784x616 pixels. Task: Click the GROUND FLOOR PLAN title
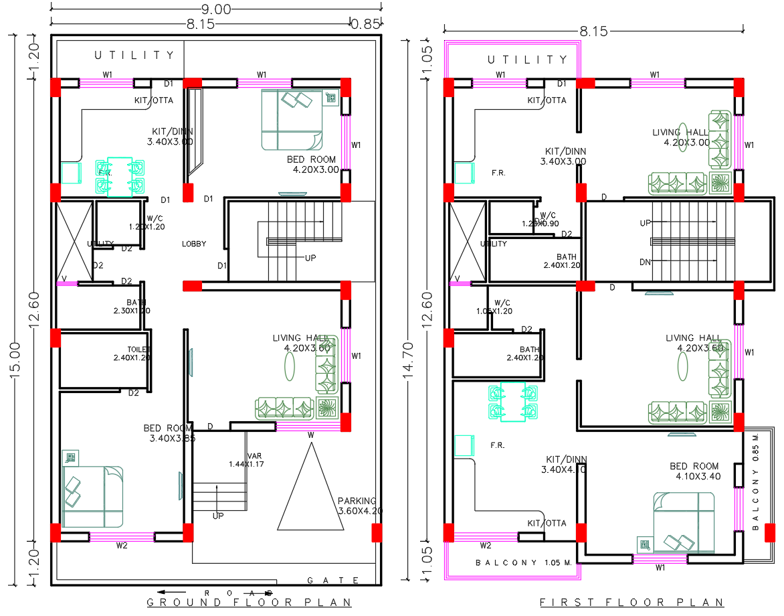click(x=249, y=603)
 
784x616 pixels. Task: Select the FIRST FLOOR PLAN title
click(x=632, y=603)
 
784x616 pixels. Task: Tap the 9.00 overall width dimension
click(x=215, y=9)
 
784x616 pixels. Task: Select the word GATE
click(x=333, y=581)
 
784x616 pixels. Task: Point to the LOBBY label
click(x=194, y=244)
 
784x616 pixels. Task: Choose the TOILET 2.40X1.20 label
click(x=132, y=354)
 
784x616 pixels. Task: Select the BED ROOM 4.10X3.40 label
click(x=695, y=471)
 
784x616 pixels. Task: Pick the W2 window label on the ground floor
click(x=121, y=546)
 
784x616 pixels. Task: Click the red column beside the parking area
click(x=377, y=533)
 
